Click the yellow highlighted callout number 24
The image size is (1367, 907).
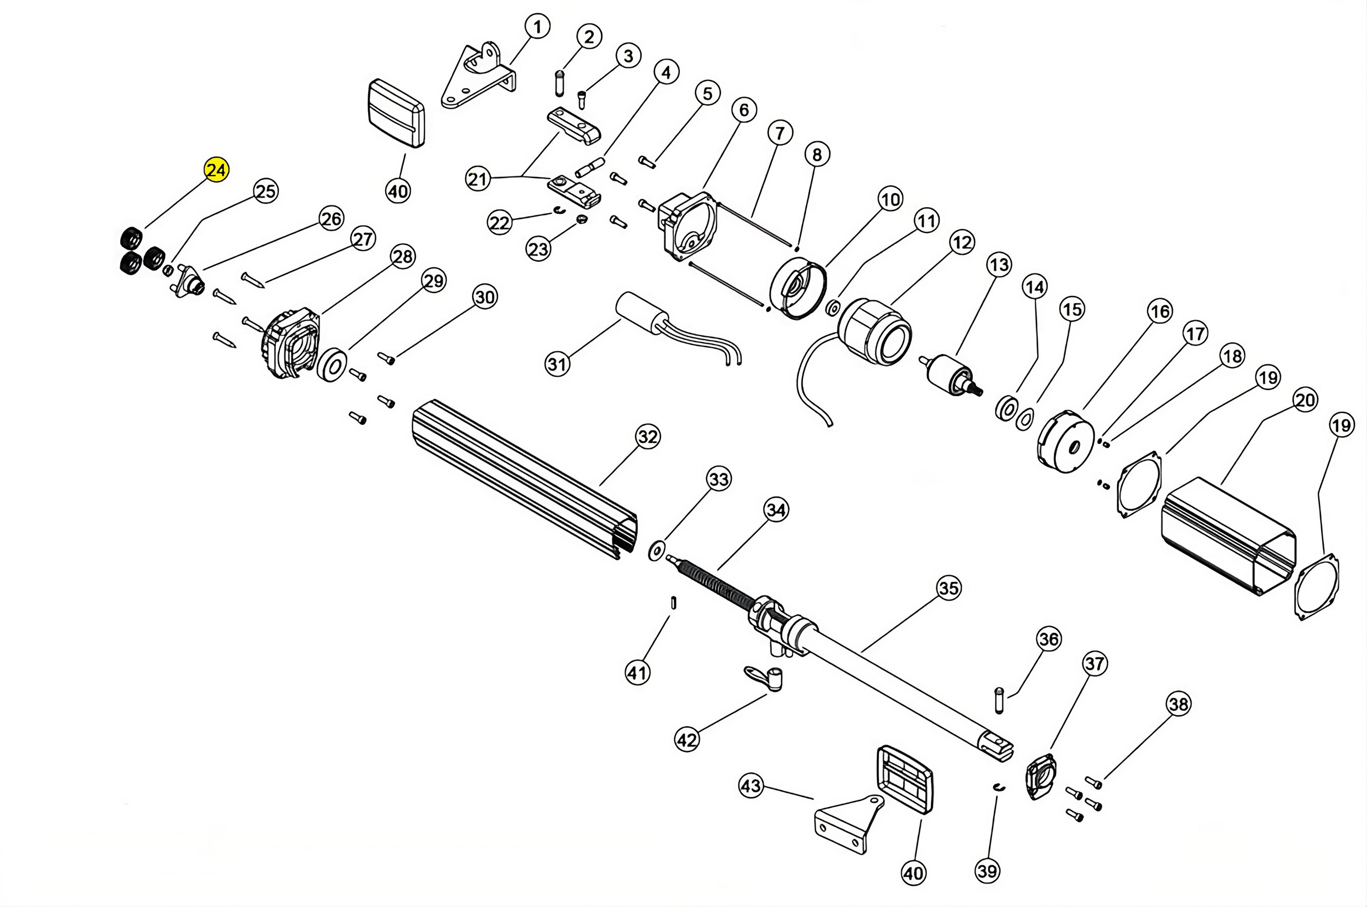point(216,170)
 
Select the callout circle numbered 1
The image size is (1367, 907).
point(538,27)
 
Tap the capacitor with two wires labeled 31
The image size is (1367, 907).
point(641,314)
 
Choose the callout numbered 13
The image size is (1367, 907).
point(999,265)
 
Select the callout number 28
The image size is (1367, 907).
point(403,256)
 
